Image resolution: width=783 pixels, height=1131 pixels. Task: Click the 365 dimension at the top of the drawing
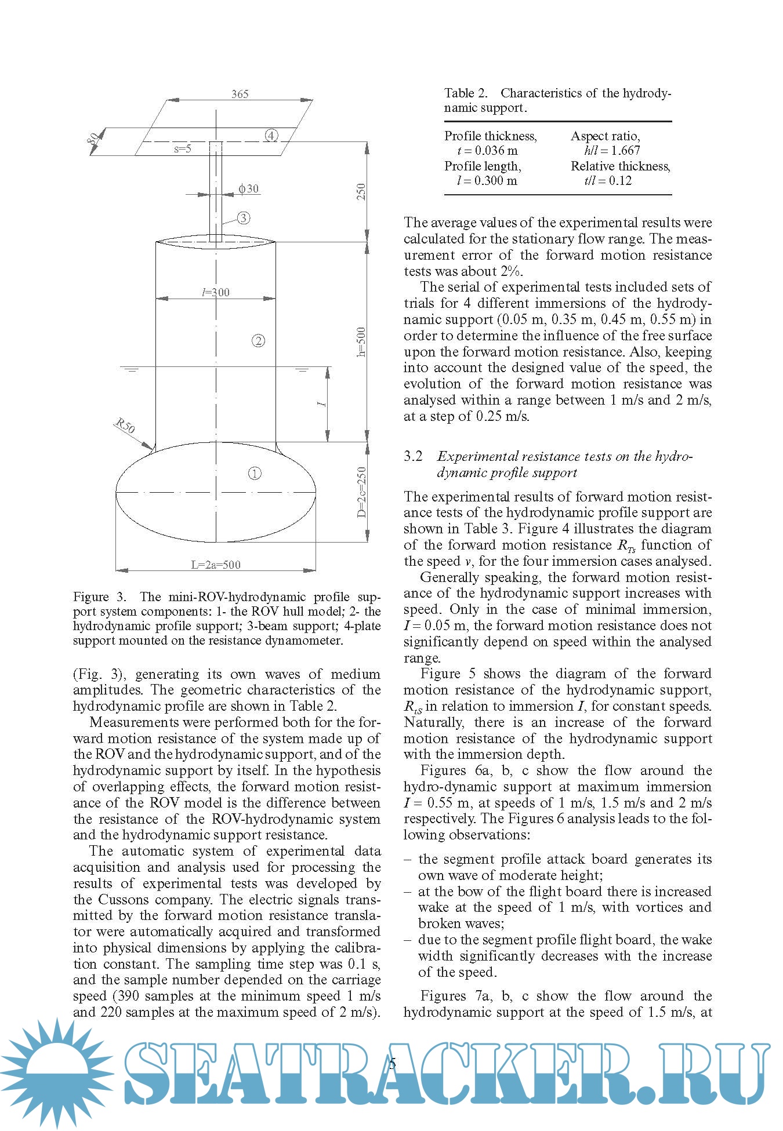click(240, 94)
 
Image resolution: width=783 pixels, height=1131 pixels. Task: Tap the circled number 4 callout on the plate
click(271, 136)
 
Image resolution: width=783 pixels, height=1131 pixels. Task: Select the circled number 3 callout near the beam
click(244, 218)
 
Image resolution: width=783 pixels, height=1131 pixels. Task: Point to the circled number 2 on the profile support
click(258, 340)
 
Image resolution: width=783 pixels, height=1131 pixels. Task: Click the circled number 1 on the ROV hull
click(255, 473)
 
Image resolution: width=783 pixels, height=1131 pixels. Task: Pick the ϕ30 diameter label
click(249, 188)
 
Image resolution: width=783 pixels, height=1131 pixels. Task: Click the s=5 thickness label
click(182, 149)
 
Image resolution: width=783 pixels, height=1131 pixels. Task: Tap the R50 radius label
click(125, 426)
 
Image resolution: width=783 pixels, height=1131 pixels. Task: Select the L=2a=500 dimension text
click(216, 565)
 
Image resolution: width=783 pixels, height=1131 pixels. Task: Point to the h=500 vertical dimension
click(361, 341)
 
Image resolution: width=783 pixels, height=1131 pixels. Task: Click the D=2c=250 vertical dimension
click(361, 492)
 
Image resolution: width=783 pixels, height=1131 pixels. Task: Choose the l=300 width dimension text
click(216, 292)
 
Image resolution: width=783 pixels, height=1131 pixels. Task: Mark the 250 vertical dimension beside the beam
click(361, 192)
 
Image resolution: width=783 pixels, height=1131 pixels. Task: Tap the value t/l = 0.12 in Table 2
click(607, 180)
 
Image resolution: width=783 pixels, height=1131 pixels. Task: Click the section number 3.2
click(414, 456)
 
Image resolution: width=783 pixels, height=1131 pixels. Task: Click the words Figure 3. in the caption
click(99, 597)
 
